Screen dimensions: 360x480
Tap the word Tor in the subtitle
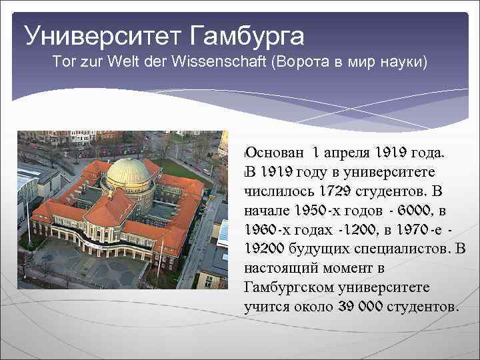pyautogui.click(x=63, y=63)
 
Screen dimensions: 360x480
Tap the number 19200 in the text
pyautogui.click(x=267, y=249)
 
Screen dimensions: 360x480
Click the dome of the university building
pyautogui.click(x=128, y=171)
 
